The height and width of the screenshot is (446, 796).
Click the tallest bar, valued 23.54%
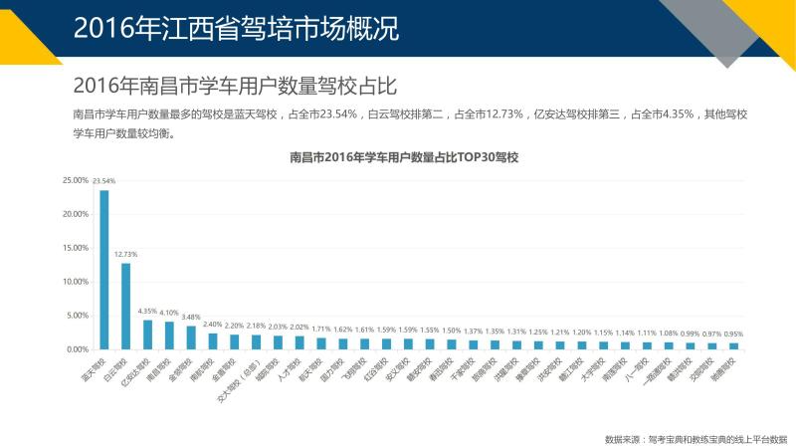coord(104,269)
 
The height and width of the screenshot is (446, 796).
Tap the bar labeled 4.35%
coord(147,334)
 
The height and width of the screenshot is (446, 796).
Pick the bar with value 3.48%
coord(191,337)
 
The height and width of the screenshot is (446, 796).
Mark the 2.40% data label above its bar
coord(212,325)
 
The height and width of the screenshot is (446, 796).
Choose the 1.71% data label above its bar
coord(320,330)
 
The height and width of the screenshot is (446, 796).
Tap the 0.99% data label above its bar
coord(690,334)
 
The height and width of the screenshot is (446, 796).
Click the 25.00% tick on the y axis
coord(75,180)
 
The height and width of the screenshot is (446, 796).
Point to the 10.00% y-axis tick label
coord(75,282)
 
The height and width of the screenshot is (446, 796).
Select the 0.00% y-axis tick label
coord(77,349)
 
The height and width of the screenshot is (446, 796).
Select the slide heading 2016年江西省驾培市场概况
coord(236,28)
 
